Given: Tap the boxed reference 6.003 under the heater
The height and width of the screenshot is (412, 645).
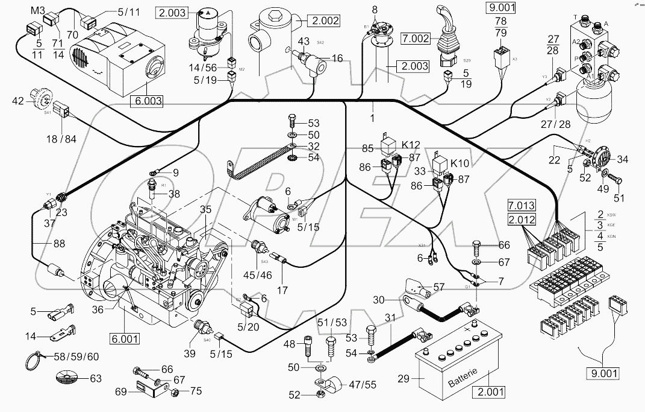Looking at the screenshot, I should [146, 101].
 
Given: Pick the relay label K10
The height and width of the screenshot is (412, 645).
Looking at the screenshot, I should [459, 163].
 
